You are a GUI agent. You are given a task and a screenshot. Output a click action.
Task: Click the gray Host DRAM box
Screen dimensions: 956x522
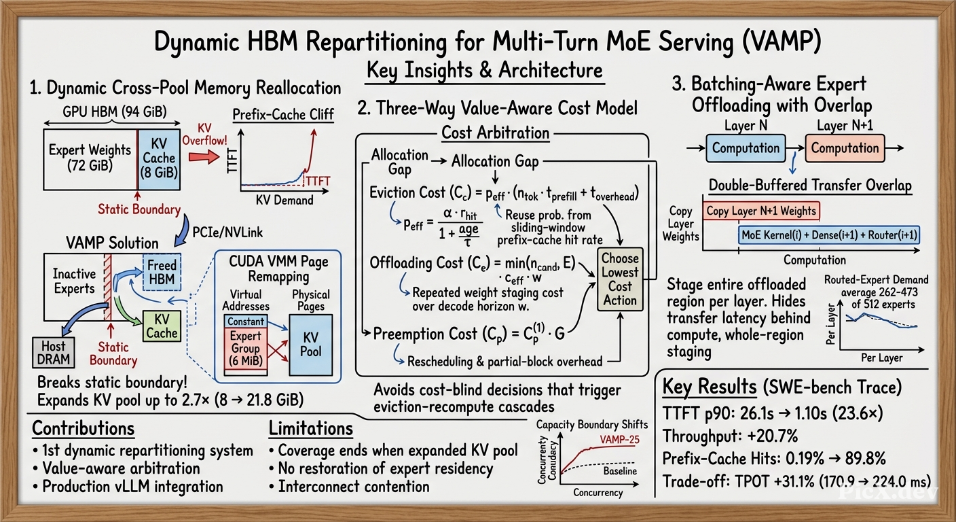(x=54, y=352)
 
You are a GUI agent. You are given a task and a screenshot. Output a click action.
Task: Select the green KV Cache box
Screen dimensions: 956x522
(x=162, y=326)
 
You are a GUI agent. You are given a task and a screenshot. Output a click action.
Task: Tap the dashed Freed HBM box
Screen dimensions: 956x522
(x=162, y=272)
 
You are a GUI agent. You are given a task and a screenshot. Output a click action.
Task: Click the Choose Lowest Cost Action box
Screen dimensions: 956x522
(x=620, y=279)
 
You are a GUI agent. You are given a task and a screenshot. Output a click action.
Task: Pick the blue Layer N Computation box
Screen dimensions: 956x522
(x=746, y=148)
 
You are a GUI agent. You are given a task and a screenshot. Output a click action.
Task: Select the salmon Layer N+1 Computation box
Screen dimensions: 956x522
(x=845, y=148)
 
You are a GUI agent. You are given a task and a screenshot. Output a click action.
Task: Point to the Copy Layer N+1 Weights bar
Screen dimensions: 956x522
(x=761, y=211)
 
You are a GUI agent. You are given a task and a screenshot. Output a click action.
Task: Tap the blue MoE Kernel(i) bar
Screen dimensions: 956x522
(x=829, y=235)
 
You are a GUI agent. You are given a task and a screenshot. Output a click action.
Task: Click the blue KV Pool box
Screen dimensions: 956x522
(x=310, y=345)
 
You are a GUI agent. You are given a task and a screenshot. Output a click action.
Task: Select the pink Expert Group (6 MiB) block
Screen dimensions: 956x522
(x=245, y=349)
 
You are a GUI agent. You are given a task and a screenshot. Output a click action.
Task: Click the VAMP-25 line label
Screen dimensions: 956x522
(x=619, y=440)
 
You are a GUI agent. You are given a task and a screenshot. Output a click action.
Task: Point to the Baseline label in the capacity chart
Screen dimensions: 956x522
(x=620, y=471)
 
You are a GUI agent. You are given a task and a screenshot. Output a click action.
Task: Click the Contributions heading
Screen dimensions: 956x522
(x=84, y=428)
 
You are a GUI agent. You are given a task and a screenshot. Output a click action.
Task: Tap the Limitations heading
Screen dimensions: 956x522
(x=311, y=428)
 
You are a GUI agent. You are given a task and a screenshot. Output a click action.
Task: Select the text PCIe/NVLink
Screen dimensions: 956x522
(x=227, y=232)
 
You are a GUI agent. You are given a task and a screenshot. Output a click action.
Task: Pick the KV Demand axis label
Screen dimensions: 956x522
(x=284, y=200)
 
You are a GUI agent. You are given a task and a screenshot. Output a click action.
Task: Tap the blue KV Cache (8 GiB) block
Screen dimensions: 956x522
(x=159, y=159)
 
